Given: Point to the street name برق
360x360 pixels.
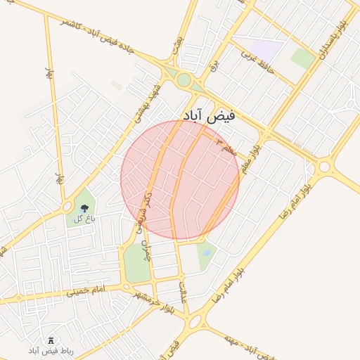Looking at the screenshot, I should [x=215, y=65].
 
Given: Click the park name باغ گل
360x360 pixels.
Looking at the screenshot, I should [x=83, y=218].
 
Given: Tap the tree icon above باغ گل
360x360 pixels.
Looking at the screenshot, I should [x=84, y=207].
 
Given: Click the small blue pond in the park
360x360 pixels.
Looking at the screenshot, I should [x=206, y=252].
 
